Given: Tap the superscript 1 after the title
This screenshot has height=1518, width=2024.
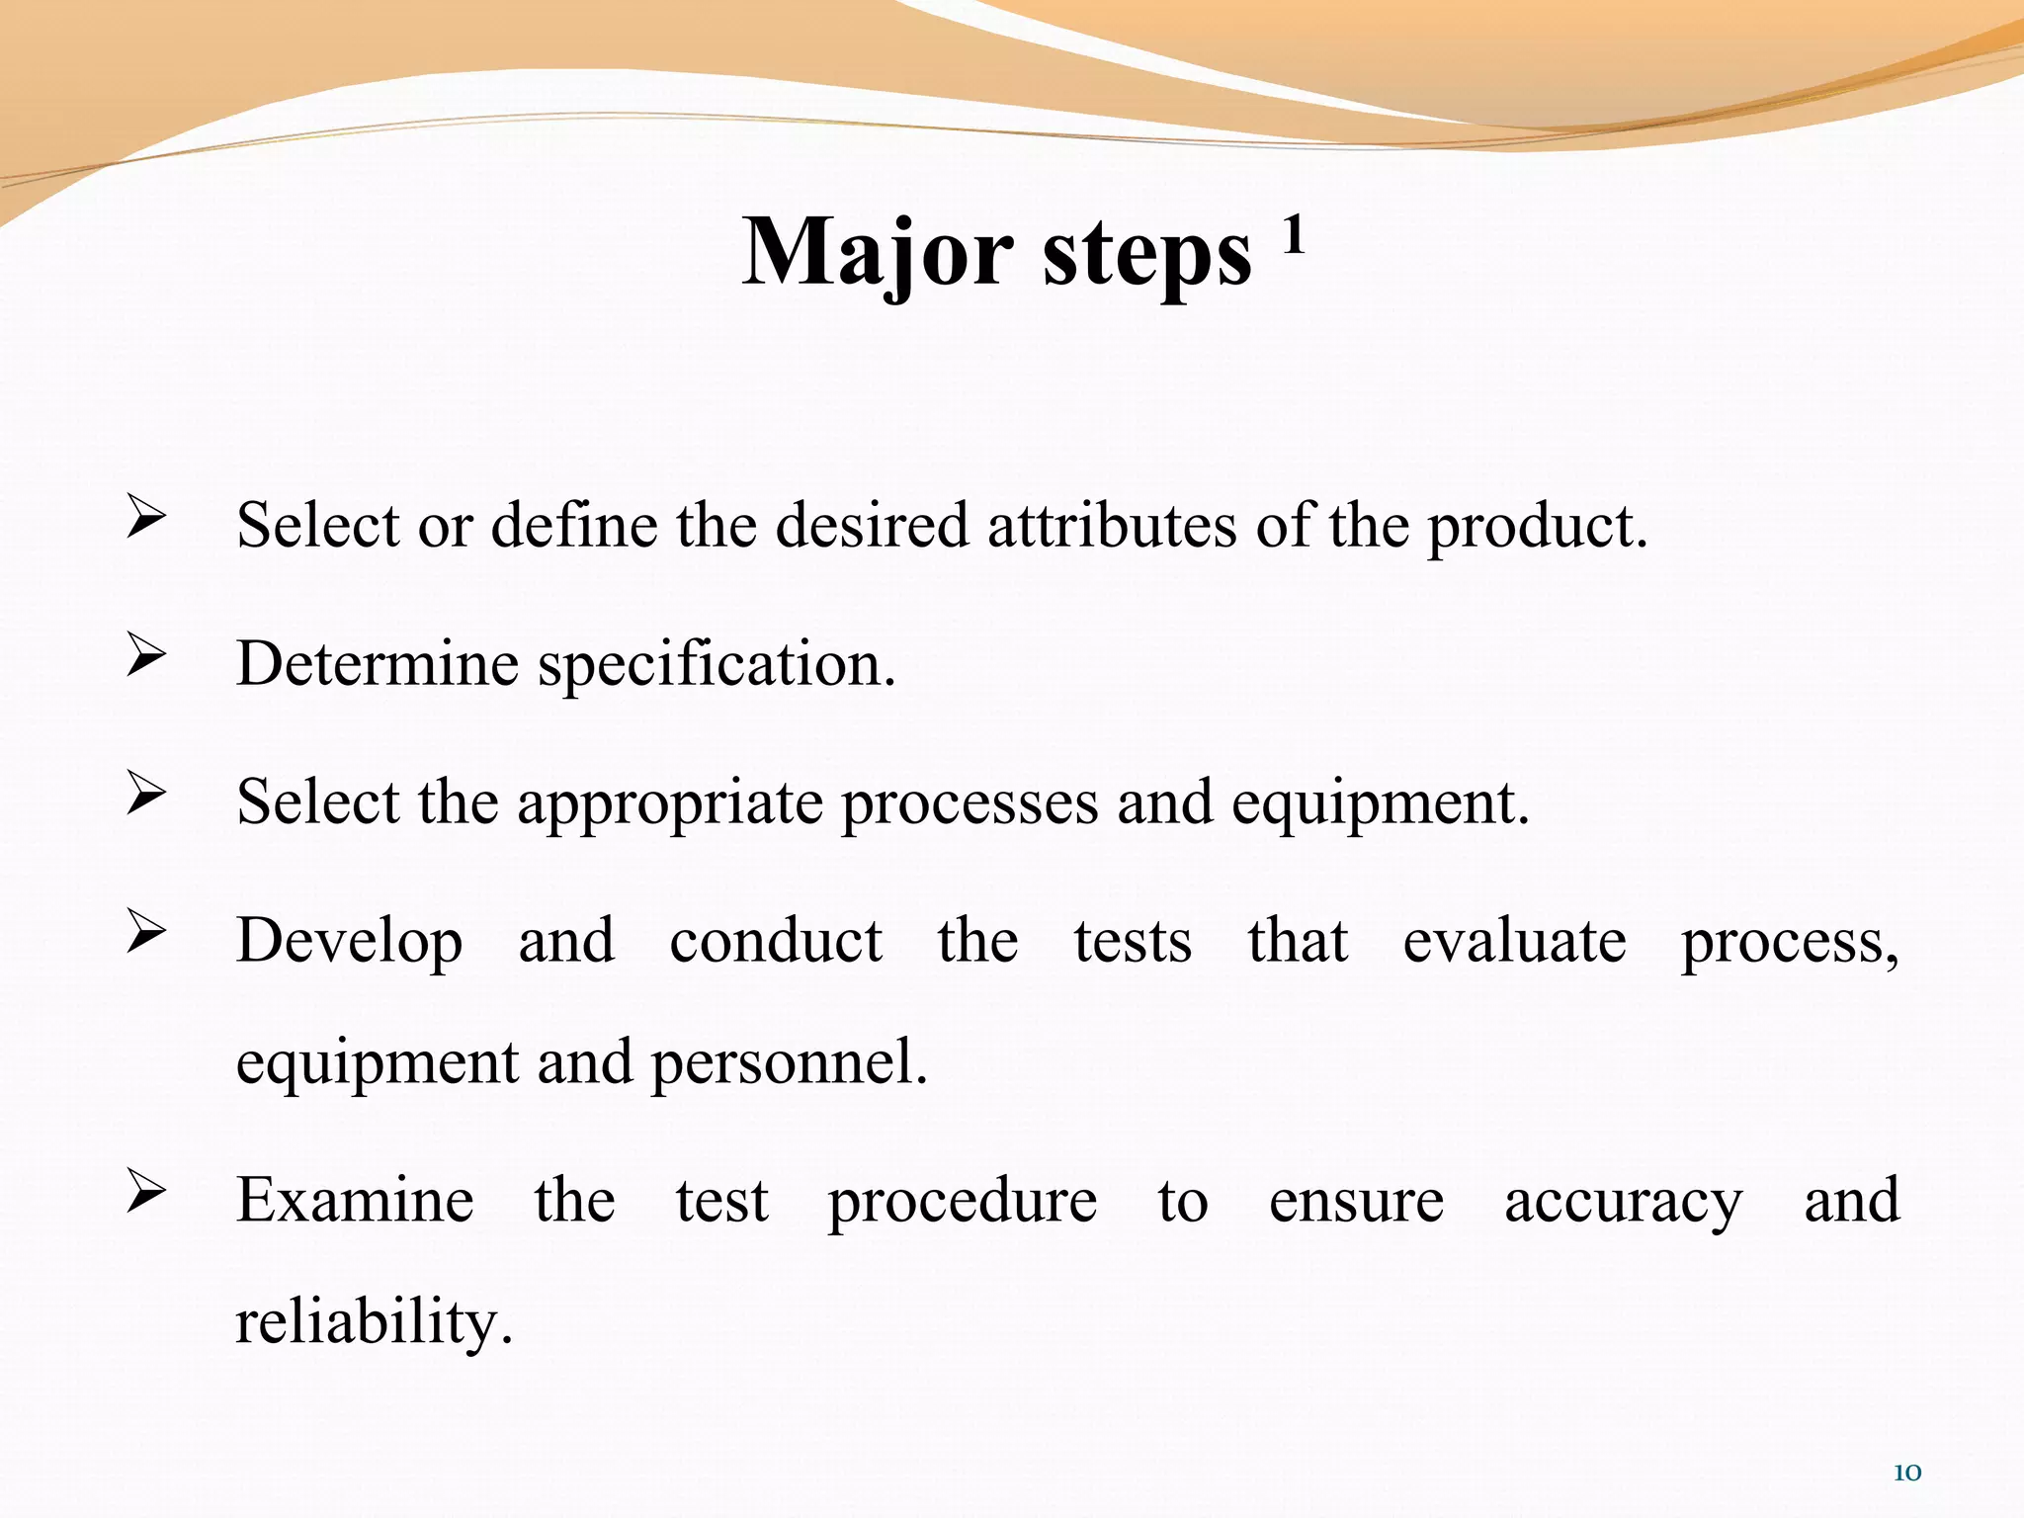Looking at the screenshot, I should (1294, 236).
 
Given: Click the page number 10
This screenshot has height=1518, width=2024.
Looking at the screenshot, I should (1906, 1473).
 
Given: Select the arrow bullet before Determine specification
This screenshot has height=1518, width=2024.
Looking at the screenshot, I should (145, 655).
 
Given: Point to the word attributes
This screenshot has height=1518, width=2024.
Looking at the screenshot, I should (1112, 525).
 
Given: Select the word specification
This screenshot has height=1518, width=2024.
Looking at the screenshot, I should (716, 664).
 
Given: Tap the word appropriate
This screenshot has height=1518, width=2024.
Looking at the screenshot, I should (669, 803).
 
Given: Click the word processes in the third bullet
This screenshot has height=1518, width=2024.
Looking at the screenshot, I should (970, 803).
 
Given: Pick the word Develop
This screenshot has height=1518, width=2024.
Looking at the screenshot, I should (349, 942).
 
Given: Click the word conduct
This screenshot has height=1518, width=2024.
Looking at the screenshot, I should (776, 940).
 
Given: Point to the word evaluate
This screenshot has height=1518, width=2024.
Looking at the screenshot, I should (1514, 940).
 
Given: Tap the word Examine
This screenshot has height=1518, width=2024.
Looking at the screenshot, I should (355, 1200).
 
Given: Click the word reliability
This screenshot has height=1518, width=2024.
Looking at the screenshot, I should (373, 1322).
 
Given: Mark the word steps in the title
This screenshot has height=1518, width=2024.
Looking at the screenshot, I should (1146, 255).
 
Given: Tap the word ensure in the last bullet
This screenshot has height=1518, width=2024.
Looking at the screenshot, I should (1356, 1202).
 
